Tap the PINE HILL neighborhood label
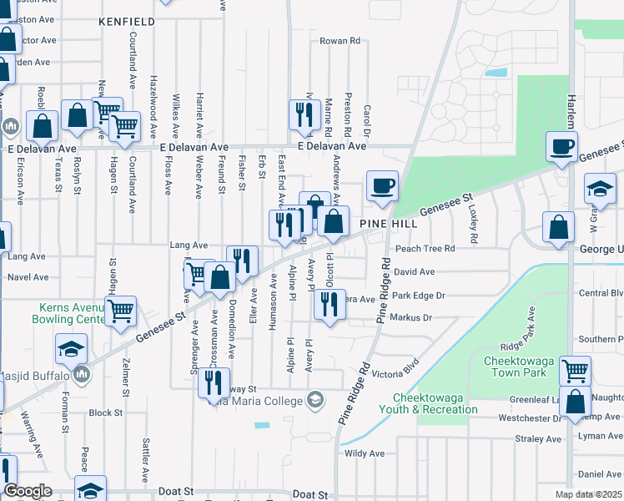(x=389, y=225)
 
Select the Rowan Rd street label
(x=340, y=40)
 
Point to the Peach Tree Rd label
(x=425, y=249)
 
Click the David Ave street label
(x=415, y=272)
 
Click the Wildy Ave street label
(x=365, y=453)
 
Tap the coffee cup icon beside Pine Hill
(x=382, y=186)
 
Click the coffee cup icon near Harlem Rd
(x=561, y=146)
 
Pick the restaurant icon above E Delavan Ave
(x=304, y=114)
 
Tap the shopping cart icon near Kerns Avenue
(x=122, y=311)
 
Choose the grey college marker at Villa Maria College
(x=315, y=401)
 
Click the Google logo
(x=28, y=491)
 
